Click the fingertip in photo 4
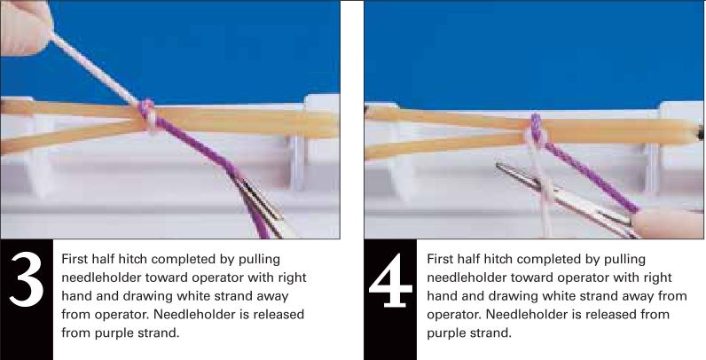[x=666, y=223]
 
